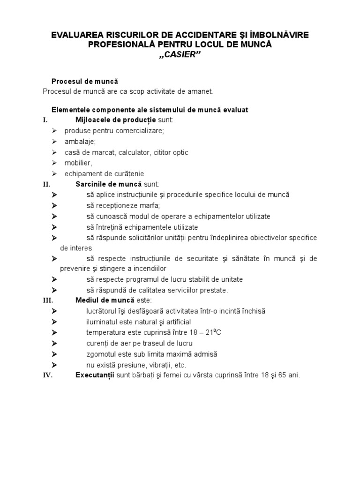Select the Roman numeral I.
point(45,120)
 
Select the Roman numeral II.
point(46,184)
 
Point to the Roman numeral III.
point(48,300)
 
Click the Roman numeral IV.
point(48,375)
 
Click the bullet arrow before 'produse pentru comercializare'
point(54,131)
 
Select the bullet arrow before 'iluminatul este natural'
point(54,322)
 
